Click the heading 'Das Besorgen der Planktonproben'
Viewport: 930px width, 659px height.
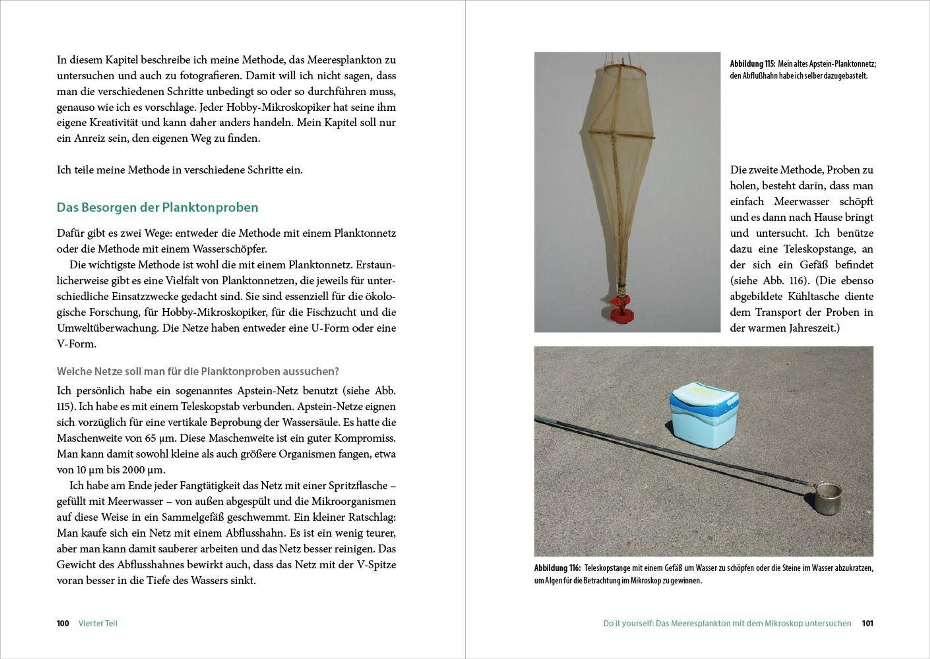click(157, 208)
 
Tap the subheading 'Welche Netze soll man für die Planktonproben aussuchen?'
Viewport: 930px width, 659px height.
click(197, 371)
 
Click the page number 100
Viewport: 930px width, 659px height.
click(63, 623)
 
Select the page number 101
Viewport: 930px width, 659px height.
click(868, 623)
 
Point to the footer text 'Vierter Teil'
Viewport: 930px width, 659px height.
click(98, 623)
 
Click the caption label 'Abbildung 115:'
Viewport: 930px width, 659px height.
click(753, 64)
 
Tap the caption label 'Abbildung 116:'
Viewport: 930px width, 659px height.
click(557, 568)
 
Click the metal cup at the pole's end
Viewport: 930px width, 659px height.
click(827, 498)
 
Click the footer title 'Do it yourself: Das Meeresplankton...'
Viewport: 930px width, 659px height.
click(727, 623)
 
